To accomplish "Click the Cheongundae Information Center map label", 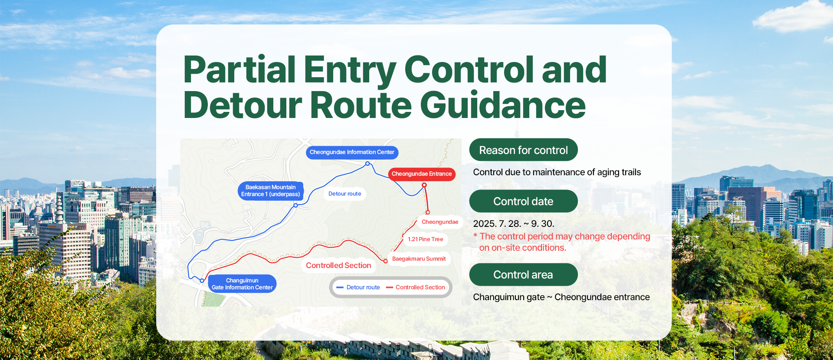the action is [x=352, y=152].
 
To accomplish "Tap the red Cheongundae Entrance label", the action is [x=422, y=174].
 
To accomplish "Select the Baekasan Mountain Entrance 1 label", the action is [x=271, y=191].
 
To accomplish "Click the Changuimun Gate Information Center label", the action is [x=242, y=284].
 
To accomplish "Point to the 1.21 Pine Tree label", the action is [x=425, y=239].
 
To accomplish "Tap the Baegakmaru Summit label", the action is [x=419, y=259].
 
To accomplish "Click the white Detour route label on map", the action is [x=344, y=194].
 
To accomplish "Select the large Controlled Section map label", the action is [x=338, y=265].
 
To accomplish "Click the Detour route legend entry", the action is [x=358, y=287].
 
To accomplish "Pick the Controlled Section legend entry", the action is [x=416, y=287].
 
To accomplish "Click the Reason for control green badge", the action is [x=523, y=150].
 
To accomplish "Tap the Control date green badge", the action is [x=523, y=201].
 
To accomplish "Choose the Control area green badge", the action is [x=523, y=275].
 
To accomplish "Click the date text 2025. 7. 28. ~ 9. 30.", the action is [x=514, y=224].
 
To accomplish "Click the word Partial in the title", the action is [x=240, y=70].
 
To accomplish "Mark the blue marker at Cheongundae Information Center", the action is [x=367, y=164].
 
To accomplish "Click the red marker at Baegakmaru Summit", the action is [x=385, y=261].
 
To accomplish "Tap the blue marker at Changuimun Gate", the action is [x=202, y=281].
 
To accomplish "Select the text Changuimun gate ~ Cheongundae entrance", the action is [x=561, y=298].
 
